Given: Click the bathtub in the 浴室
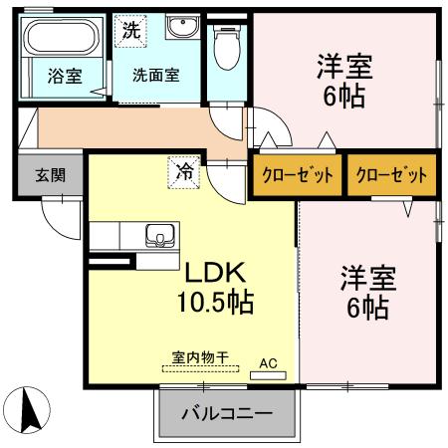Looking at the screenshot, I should point(59,40).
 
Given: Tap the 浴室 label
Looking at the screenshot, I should point(61,75).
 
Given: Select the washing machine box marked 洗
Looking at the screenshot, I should point(131,30).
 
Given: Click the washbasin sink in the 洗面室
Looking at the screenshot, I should point(182,29).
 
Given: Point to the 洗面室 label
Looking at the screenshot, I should point(156,75).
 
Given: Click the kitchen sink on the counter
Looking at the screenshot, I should point(158,237).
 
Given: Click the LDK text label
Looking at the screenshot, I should point(212,271).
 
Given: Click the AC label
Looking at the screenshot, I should point(268,363).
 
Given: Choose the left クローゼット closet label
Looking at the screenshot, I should point(296,173).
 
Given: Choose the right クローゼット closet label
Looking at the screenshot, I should point(391,173).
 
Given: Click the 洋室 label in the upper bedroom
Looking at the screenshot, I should point(344,67).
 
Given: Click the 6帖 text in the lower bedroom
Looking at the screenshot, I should point(367,309).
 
